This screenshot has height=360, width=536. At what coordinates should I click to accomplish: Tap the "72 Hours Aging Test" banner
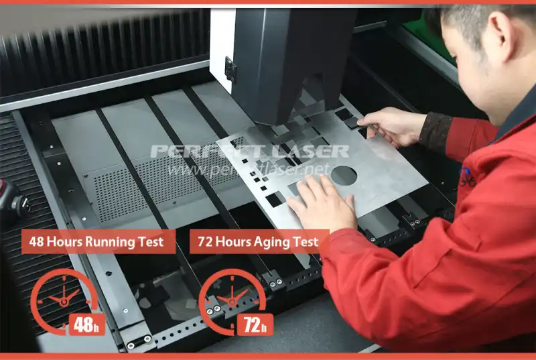(259, 241)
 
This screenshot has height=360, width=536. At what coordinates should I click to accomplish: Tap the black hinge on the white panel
(230, 69)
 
